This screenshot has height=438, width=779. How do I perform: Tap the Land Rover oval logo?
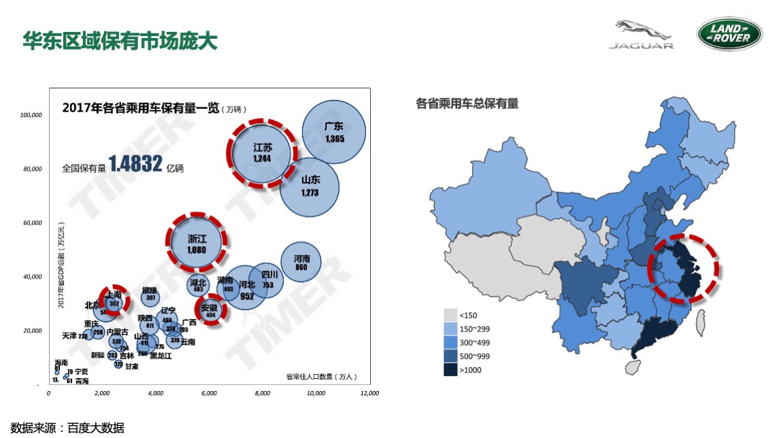click(x=729, y=33)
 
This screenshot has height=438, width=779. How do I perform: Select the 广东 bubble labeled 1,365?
click(x=334, y=132)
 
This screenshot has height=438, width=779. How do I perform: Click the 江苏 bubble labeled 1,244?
click(x=263, y=152)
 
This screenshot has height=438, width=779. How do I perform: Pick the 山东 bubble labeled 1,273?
click(x=310, y=186)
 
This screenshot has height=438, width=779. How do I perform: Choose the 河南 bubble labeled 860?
click(x=301, y=263)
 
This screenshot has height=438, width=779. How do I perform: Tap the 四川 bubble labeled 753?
click(x=268, y=280)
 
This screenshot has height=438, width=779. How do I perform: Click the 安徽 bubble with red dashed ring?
click(x=210, y=310)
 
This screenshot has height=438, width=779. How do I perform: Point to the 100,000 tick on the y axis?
click(x=31, y=116)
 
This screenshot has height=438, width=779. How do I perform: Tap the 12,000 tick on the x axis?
click(x=369, y=393)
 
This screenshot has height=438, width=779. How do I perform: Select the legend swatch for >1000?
click(x=450, y=369)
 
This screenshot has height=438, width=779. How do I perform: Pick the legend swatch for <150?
click(x=450, y=315)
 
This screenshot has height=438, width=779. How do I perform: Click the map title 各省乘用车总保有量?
click(x=467, y=103)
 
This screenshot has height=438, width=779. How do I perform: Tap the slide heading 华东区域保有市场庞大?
click(x=120, y=40)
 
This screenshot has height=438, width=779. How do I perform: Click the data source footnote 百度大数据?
click(x=96, y=428)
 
